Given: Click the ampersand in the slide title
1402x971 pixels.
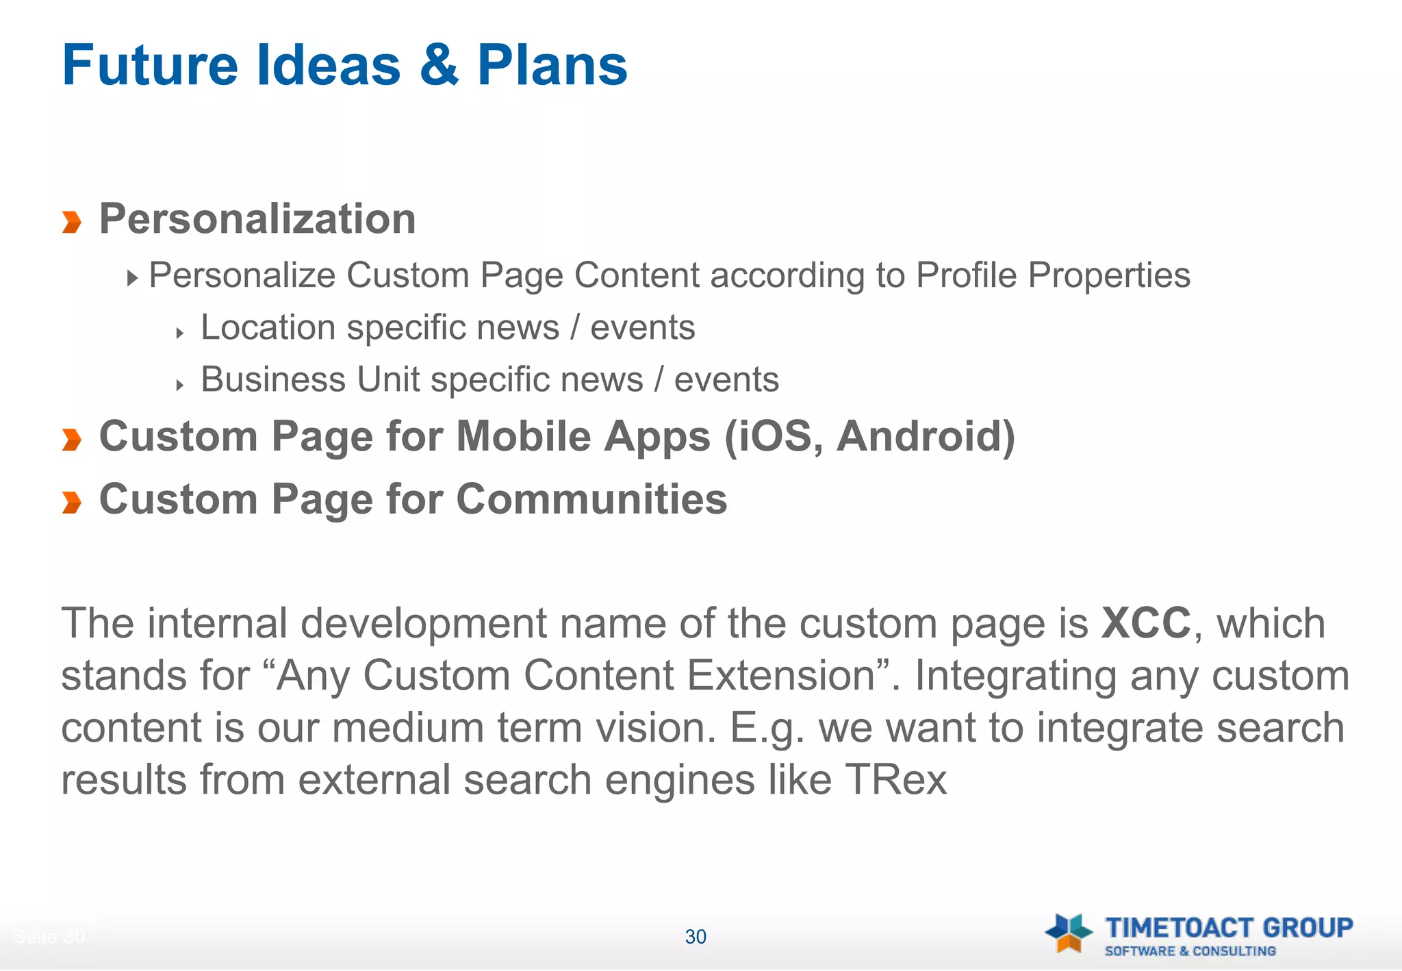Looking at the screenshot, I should tap(439, 65).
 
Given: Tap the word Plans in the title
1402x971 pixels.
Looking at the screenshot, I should tap(552, 65).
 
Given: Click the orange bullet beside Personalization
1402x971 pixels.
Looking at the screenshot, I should tap(71, 222).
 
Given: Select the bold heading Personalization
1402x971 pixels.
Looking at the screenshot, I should tap(257, 219).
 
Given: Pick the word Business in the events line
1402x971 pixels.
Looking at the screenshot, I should tap(273, 379).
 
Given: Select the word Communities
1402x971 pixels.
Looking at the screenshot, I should tap(591, 499).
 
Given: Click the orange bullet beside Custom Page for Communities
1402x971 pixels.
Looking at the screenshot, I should tap(71, 502).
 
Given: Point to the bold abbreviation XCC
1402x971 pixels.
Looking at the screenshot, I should tap(1146, 623).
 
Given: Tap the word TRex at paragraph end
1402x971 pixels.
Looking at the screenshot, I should tap(896, 779).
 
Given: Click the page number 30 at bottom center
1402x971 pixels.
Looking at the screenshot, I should tap(696, 937).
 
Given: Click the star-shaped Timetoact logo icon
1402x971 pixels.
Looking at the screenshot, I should tap(1069, 933).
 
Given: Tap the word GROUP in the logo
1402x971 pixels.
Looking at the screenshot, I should tap(1308, 928).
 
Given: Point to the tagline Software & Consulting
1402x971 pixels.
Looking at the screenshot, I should tap(1190, 951).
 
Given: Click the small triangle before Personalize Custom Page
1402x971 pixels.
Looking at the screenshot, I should tap(132, 278).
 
